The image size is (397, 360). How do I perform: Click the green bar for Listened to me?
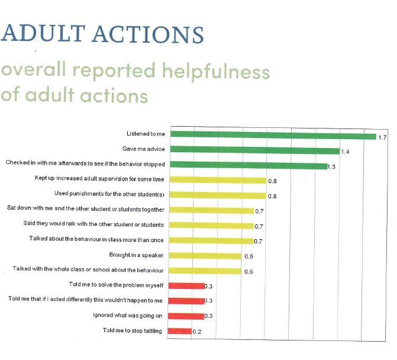click(x=273, y=135)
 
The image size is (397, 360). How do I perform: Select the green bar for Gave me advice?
click(x=255, y=150)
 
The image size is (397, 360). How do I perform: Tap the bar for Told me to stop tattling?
click(x=180, y=331)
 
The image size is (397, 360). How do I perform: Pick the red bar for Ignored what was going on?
click(x=186, y=316)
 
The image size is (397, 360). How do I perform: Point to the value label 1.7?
click(x=382, y=137)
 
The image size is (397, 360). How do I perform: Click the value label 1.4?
click(x=345, y=152)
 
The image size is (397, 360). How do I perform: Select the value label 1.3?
click(x=332, y=167)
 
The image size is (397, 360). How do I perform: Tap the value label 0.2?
click(x=197, y=332)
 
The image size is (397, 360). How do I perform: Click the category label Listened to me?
click(x=146, y=134)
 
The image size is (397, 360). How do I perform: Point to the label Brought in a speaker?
click(x=137, y=255)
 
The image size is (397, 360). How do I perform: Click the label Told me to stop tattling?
click(x=132, y=330)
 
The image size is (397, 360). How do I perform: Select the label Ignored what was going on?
click(x=127, y=315)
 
